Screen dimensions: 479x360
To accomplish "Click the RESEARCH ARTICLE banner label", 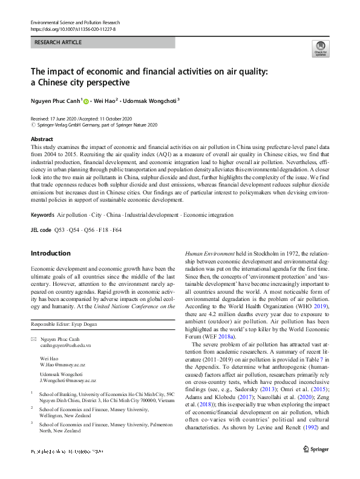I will coord(57,43).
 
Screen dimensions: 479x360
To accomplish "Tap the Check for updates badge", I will coord(319,48).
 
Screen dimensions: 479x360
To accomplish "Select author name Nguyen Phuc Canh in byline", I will coord(56,101).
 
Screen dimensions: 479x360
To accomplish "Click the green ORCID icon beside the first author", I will coord(86,101).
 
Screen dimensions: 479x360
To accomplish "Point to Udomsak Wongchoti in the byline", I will coord(151,101).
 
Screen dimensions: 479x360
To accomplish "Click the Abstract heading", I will coord(42,139).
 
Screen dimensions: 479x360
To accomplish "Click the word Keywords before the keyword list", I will coord(42,215).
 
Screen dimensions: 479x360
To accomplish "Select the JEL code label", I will coord(41,230).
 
